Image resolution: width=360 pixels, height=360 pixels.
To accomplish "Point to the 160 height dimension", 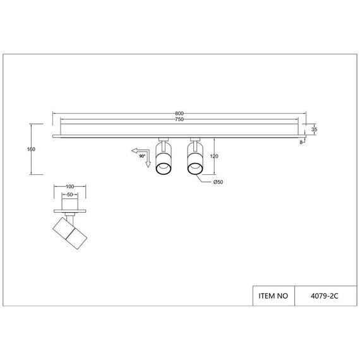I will coord(31,149).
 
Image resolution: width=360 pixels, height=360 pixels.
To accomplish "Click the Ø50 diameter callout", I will coord(217,183).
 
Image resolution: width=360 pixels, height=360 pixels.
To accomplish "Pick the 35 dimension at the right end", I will coord(314,129).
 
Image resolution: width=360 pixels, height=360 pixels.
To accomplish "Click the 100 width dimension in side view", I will coord(70,187).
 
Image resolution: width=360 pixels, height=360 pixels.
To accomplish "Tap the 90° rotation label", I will coord(142,155).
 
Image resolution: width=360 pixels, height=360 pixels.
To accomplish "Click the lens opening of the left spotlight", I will coord(162,167).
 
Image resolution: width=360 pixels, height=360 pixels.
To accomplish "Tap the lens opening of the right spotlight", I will coord(194,167).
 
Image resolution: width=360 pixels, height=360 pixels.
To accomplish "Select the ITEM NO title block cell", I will coord(273,294).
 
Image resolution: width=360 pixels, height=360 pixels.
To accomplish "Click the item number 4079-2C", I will coord(327,294).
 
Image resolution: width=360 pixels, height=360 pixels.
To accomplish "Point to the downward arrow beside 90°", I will coord(147,164).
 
